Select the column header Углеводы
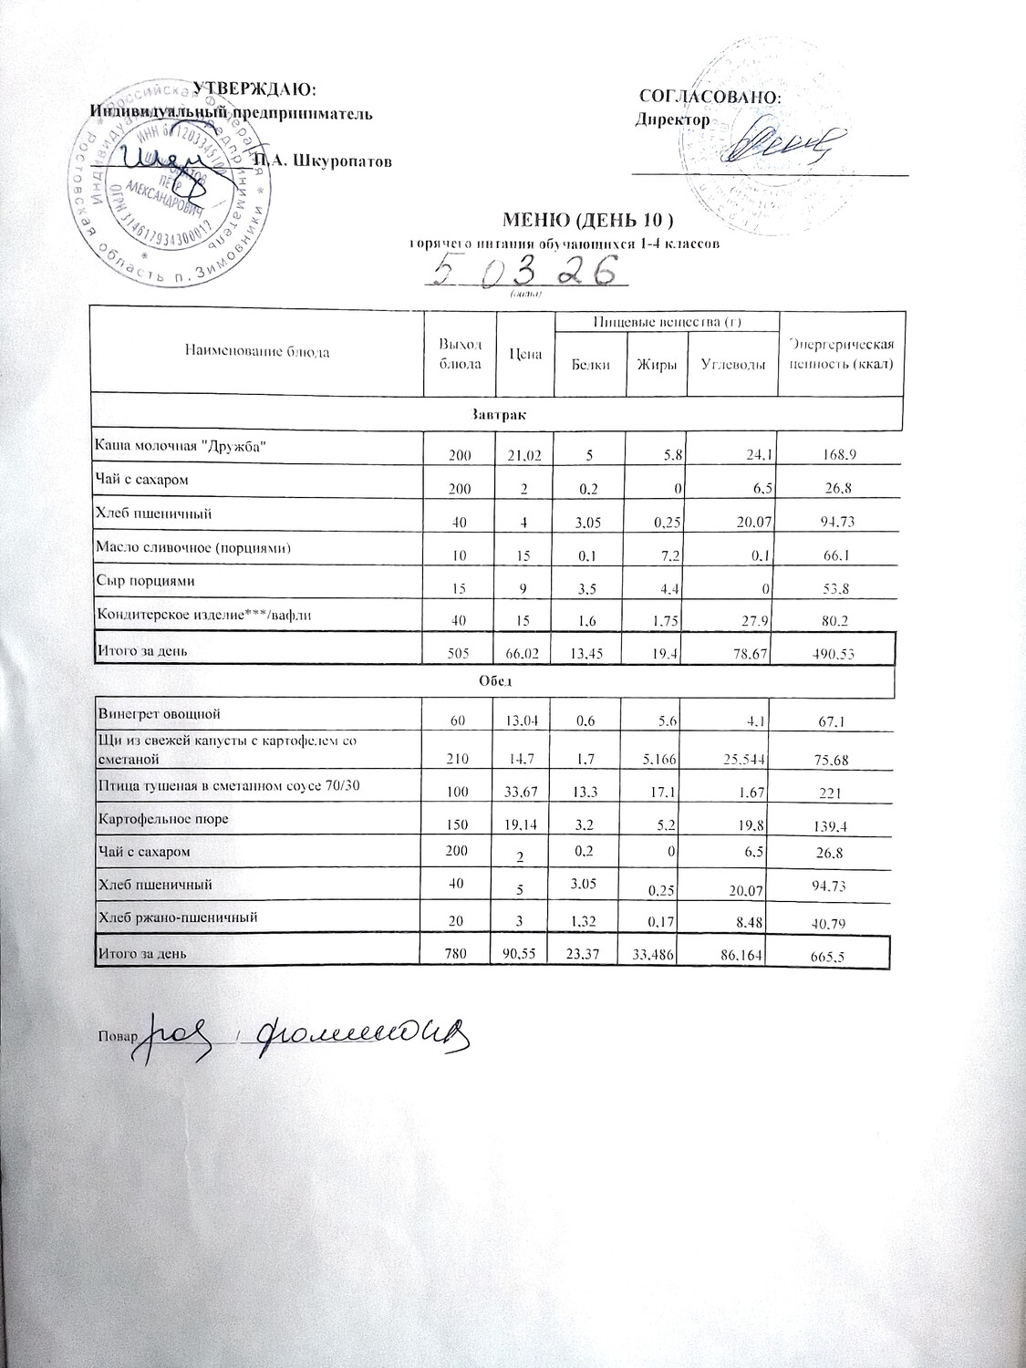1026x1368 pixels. pyautogui.click(x=732, y=365)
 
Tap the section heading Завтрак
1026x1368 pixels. pyautogui.click(x=496, y=413)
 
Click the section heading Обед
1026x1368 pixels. pyautogui.click(x=492, y=681)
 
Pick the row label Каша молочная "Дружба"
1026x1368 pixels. pyautogui.click(x=182, y=445)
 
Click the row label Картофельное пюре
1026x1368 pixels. pyautogui.click(x=163, y=818)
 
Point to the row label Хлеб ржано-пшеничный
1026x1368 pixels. pyautogui.click(x=178, y=917)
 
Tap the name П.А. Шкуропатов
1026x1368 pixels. pyautogui.click(x=323, y=161)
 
